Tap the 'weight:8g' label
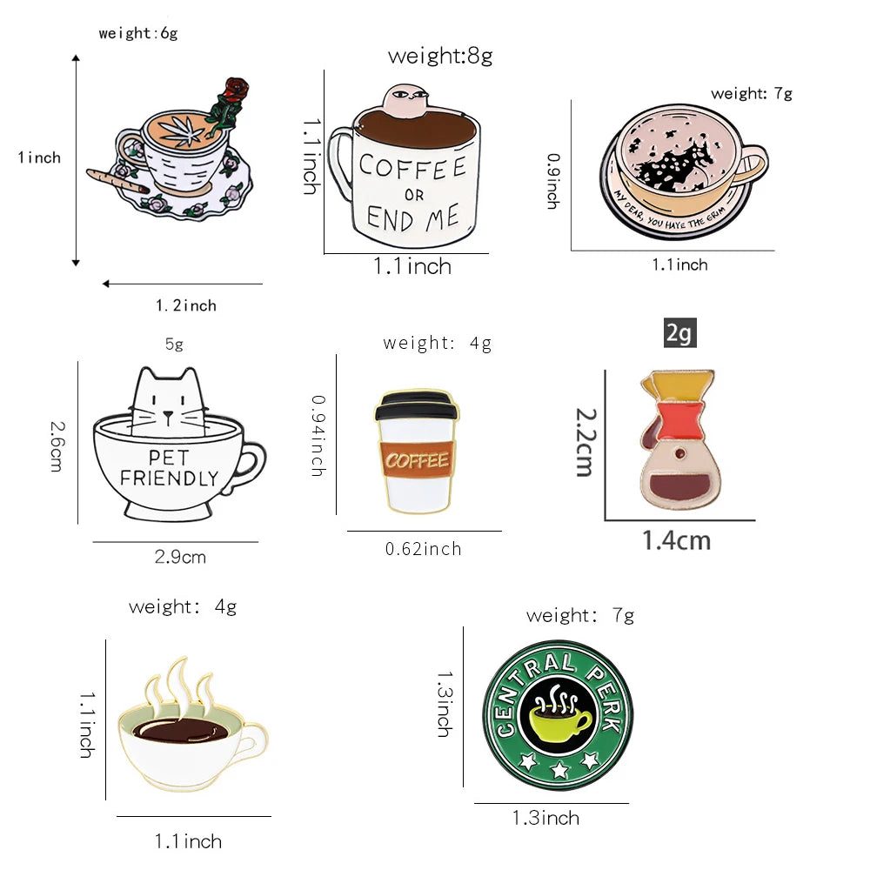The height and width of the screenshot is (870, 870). point(440,57)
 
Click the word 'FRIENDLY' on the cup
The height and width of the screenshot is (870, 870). point(169,478)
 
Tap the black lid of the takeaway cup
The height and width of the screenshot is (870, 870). point(416,405)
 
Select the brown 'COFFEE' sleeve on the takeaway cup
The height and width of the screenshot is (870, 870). point(416,459)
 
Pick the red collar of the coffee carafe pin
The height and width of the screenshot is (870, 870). point(679,425)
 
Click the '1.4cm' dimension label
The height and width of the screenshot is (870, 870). point(676,541)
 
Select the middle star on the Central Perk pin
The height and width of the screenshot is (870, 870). point(559,763)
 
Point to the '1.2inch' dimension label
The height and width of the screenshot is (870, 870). point(186,305)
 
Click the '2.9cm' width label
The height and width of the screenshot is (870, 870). point(180,557)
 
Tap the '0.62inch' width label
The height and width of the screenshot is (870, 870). point(423,549)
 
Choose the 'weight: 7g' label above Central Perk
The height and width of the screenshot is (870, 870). point(580,616)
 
